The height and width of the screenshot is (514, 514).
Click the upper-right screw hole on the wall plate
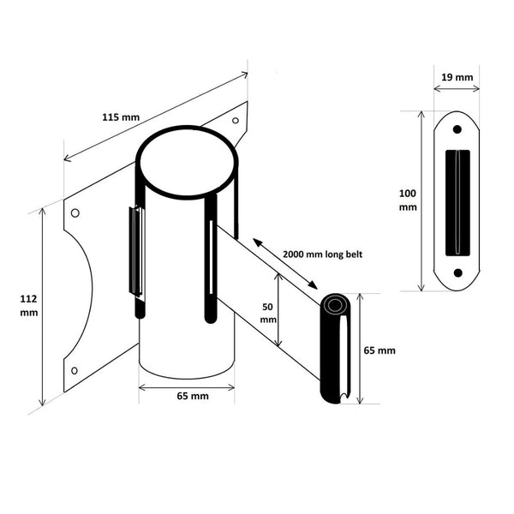pyautogui.click(x=235, y=122)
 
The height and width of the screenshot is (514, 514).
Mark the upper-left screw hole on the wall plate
pyautogui.click(x=75, y=213)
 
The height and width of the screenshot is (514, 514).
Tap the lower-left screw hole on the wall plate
pyautogui.click(x=75, y=370)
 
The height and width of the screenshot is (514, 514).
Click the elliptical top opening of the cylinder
pyautogui.click(x=186, y=164)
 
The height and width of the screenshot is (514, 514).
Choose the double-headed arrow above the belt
pyautogui.click(x=286, y=265)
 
